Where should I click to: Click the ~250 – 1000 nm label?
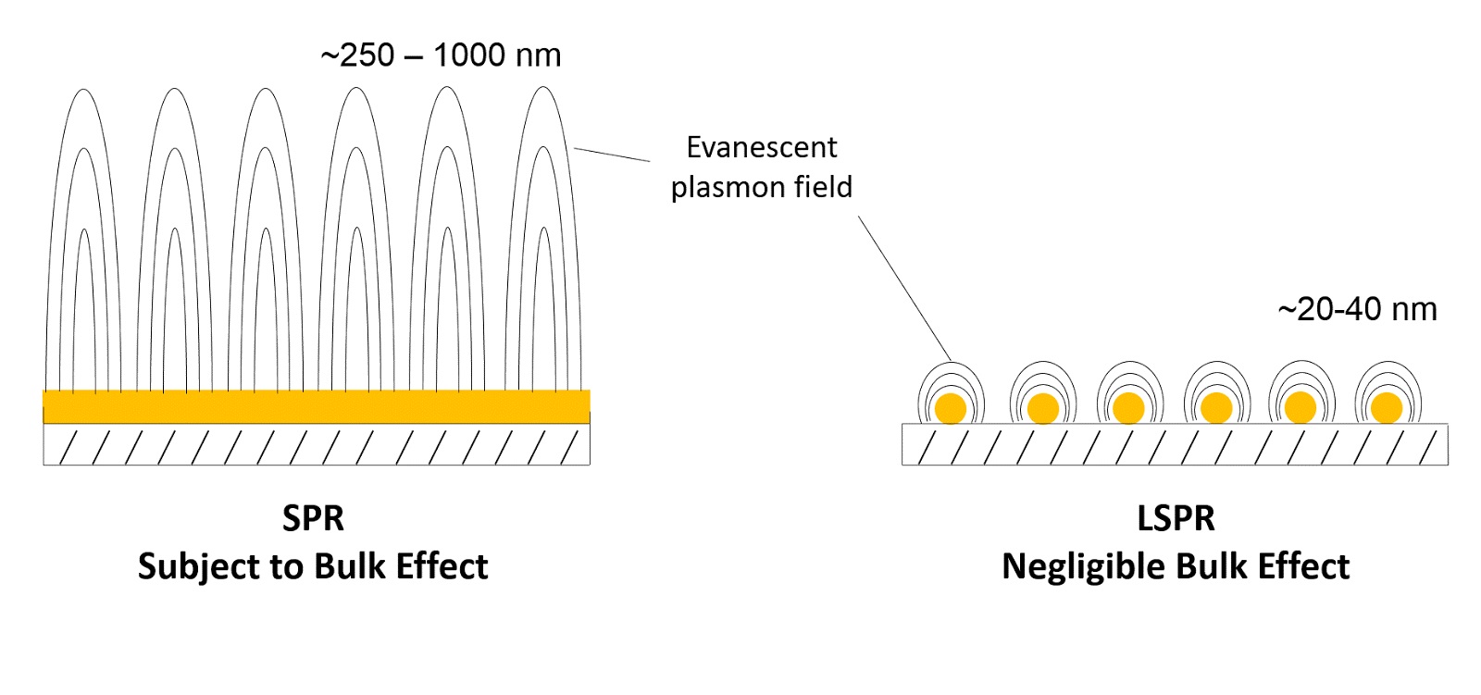click(x=441, y=56)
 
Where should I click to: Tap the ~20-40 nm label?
click(x=1357, y=309)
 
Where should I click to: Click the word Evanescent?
click(x=761, y=147)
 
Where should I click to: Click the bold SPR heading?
click(x=313, y=518)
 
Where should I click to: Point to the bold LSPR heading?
click(x=1176, y=518)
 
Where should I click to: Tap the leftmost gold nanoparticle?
click(x=950, y=408)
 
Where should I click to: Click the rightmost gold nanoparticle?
click(x=1386, y=408)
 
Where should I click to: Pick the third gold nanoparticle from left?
click(x=1127, y=408)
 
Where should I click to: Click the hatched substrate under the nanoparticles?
click(x=1175, y=445)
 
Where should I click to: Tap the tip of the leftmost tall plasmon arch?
click(x=84, y=91)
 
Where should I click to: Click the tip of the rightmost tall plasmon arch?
click(x=543, y=89)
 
